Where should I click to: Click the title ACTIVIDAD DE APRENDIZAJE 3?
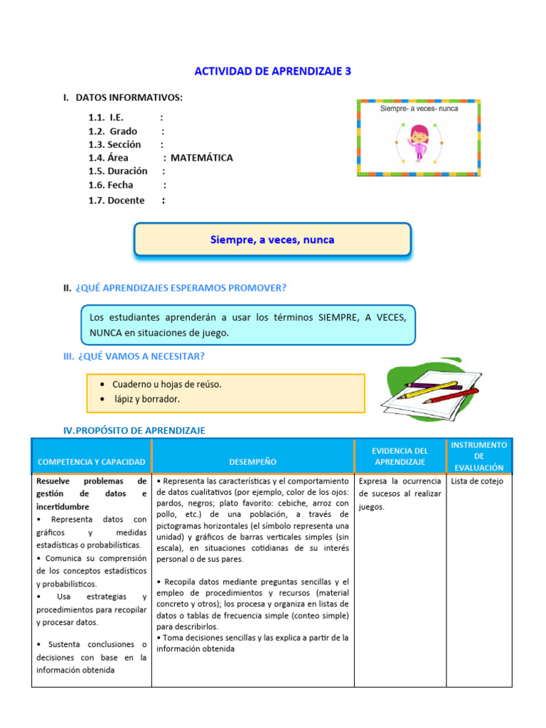(x=272, y=71)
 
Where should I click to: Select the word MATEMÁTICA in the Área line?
(x=201, y=158)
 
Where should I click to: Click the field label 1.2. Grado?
(x=113, y=131)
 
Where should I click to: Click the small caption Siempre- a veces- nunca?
(x=419, y=109)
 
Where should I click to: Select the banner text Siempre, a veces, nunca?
(x=272, y=240)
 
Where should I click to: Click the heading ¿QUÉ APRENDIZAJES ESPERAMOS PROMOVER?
(x=180, y=288)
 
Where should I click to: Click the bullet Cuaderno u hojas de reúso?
(x=166, y=384)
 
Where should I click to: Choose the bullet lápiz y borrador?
(x=147, y=399)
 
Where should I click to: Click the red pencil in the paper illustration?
(x=451, y=396)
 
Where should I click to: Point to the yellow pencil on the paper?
(x=432, y=387)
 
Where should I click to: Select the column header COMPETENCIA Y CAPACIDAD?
(x=92, y=462)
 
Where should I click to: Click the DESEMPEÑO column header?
(x=253, y=462)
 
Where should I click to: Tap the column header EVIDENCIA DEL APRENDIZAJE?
(x=400, y=456)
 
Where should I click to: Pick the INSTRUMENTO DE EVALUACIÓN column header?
(x=478, y=456)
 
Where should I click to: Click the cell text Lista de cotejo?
(x=477, y=481)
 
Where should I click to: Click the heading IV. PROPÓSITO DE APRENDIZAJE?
(x=134, y=430)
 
